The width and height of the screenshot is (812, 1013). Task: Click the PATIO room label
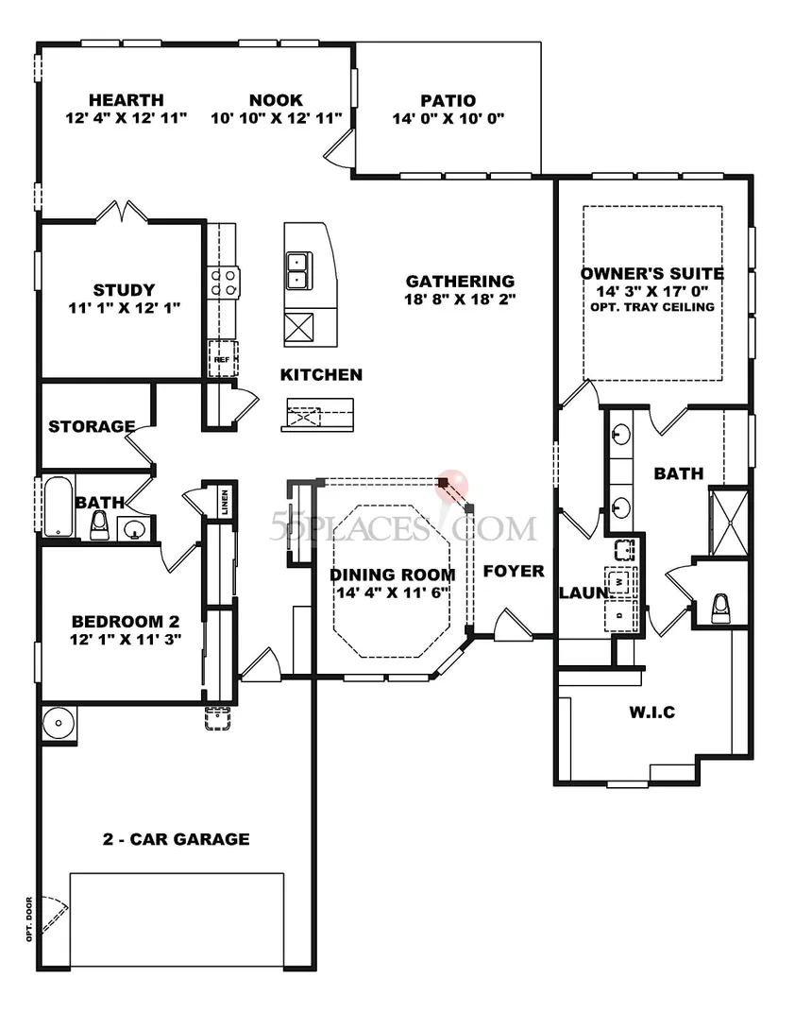448,101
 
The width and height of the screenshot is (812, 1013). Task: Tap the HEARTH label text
126,100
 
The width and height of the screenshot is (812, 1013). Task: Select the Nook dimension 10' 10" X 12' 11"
277,118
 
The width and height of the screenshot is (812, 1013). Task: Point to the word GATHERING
460,281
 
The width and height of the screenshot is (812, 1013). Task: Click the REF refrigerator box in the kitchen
222,358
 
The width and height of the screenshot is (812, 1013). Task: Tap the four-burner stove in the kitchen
224,283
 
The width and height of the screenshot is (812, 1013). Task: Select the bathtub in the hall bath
59,506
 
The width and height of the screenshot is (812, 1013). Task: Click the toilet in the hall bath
99,525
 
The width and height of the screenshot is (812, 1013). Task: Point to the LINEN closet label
225,502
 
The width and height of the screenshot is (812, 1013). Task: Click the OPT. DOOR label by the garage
29,919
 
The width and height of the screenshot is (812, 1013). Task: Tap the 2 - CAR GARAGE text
177,839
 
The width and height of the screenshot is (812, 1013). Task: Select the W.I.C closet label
651,713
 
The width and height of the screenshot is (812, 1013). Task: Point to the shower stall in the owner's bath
729,523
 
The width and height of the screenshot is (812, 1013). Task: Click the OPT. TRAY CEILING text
652,307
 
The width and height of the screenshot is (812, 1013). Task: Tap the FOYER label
514,571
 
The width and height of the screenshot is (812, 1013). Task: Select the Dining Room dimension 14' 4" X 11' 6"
393,592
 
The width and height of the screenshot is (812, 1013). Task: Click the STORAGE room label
92,426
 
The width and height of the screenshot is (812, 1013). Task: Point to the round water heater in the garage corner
59,723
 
